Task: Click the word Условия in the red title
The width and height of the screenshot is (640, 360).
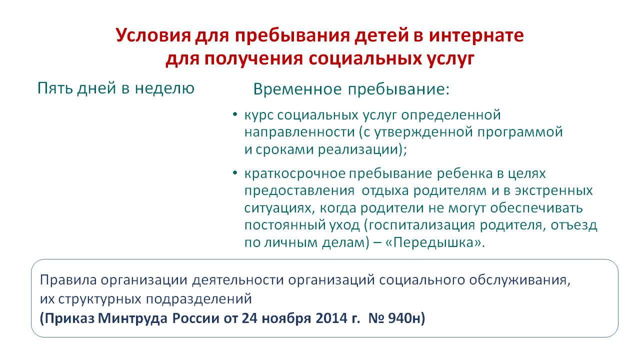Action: click(x=153, y=35)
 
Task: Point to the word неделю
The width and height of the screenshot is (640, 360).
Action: click(x=164, y=88)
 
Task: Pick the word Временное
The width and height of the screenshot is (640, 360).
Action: click(x=297, y=89)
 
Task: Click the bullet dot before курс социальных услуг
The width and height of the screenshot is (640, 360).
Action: click(x=235, y=114)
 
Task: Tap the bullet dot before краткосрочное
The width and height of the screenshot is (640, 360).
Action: click(x=235, y=173)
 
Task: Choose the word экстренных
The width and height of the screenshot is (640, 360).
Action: click(x=553, y=190)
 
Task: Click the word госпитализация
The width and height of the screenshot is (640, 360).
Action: click(x=421, y=225)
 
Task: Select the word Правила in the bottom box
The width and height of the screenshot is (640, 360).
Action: click(x=68, y=279)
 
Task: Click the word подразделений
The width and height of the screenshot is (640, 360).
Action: click(x=199, y=299)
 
